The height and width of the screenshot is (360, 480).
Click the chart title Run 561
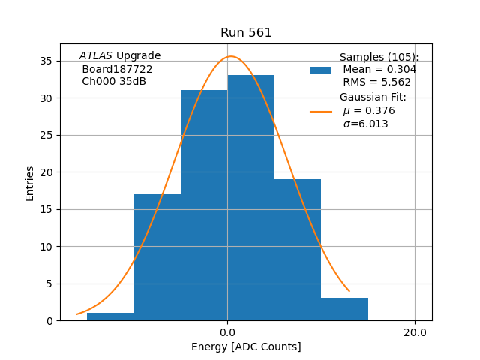[246, 33]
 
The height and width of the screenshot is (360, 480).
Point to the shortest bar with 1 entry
[110, 316]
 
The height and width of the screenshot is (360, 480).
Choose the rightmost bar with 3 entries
[345, 309]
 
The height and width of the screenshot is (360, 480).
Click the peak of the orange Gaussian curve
[230, 56]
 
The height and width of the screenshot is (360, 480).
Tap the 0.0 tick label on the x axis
[227, 332]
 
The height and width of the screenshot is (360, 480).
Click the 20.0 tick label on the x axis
[415, 332]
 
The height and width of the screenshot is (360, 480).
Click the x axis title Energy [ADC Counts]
[246, 346]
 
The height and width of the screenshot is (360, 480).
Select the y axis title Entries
[30, 182]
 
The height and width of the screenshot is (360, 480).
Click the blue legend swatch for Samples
[321, 70]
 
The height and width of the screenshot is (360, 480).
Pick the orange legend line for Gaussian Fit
[321, 111]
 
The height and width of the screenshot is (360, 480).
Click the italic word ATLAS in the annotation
[95, 56]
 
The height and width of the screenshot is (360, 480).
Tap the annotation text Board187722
[117, 69]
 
